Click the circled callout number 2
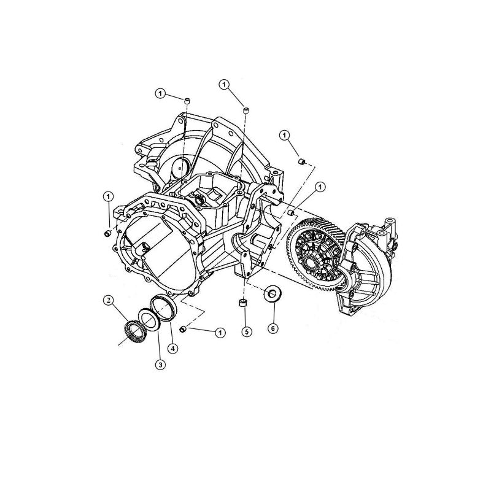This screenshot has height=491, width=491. pos(108,301)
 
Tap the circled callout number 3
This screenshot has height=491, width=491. pos(160,365)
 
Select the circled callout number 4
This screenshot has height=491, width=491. pos(174,349)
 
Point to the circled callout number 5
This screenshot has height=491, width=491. pos(245,332)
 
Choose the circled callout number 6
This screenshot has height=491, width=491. pos(273,328)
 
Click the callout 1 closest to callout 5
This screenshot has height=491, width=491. pos(218,332)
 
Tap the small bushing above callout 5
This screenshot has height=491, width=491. pos(243,304)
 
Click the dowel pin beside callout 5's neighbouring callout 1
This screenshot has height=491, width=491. pos(182,330)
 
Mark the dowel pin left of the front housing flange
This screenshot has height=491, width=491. pos(106,234)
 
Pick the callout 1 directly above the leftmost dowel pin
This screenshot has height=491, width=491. pos(108,196)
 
